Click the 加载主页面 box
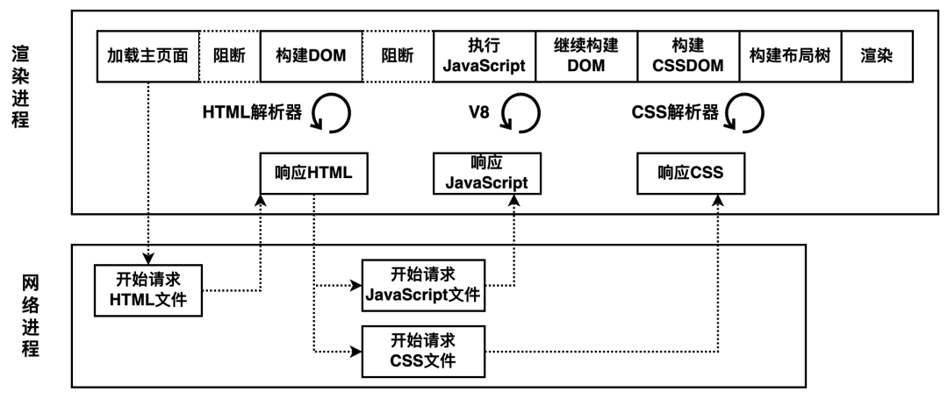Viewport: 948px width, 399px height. tap(148, 55)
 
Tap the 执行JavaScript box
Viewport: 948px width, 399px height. tap(484, 55)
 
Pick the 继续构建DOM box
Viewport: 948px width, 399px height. tap(586, 55)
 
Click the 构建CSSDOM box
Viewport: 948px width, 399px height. tap(689, 55)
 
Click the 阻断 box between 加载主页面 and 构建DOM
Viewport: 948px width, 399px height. tap(230, 55)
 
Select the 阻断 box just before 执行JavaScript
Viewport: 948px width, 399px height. tap(398, 55)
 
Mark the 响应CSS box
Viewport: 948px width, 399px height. tap(690, 173)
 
